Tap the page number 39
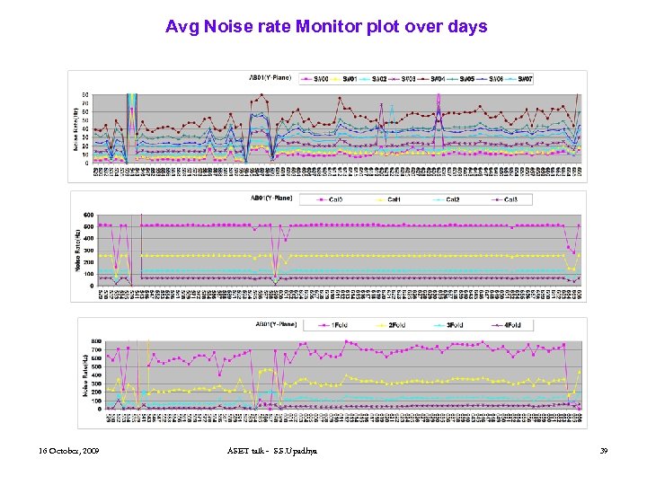(603, 449)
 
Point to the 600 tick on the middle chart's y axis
(88, 214)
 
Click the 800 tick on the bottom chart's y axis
(95, 340)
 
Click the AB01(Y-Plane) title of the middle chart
(270, 198)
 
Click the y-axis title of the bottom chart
(83, 375)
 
